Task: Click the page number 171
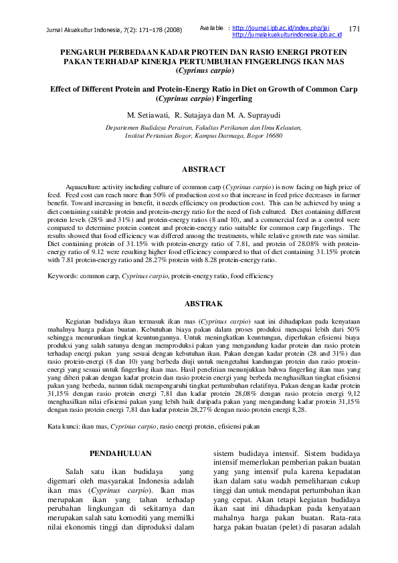point(355,28)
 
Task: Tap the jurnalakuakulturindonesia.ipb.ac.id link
point(286,34)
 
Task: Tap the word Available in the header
point(211,27)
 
